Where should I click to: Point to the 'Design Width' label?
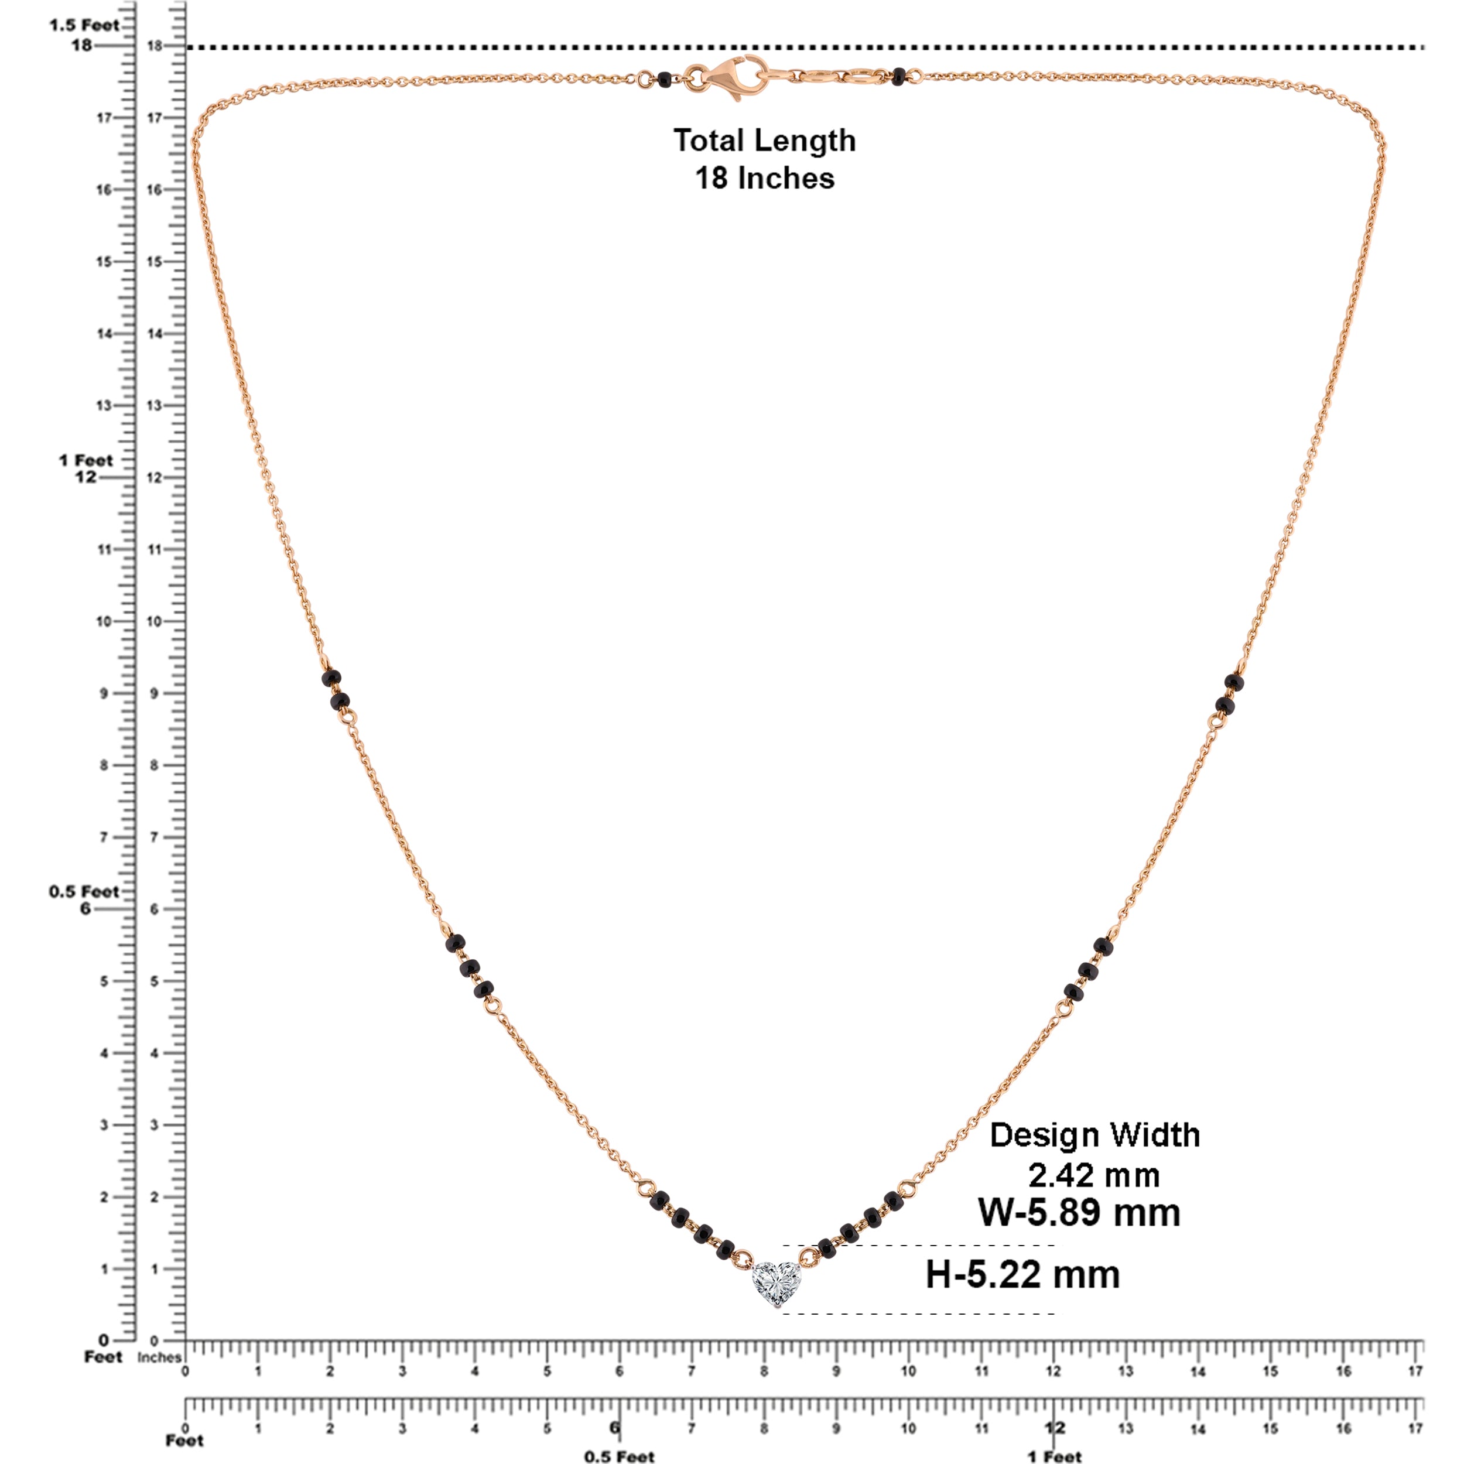[1094, 1135]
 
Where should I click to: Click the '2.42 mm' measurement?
[1093, 1175]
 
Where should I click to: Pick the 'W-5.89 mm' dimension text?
[1079, 1212]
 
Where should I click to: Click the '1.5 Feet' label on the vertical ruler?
[84, 26]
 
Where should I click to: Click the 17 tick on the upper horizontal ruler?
[1415, 1371]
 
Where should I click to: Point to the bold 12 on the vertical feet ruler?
[85, 477]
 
